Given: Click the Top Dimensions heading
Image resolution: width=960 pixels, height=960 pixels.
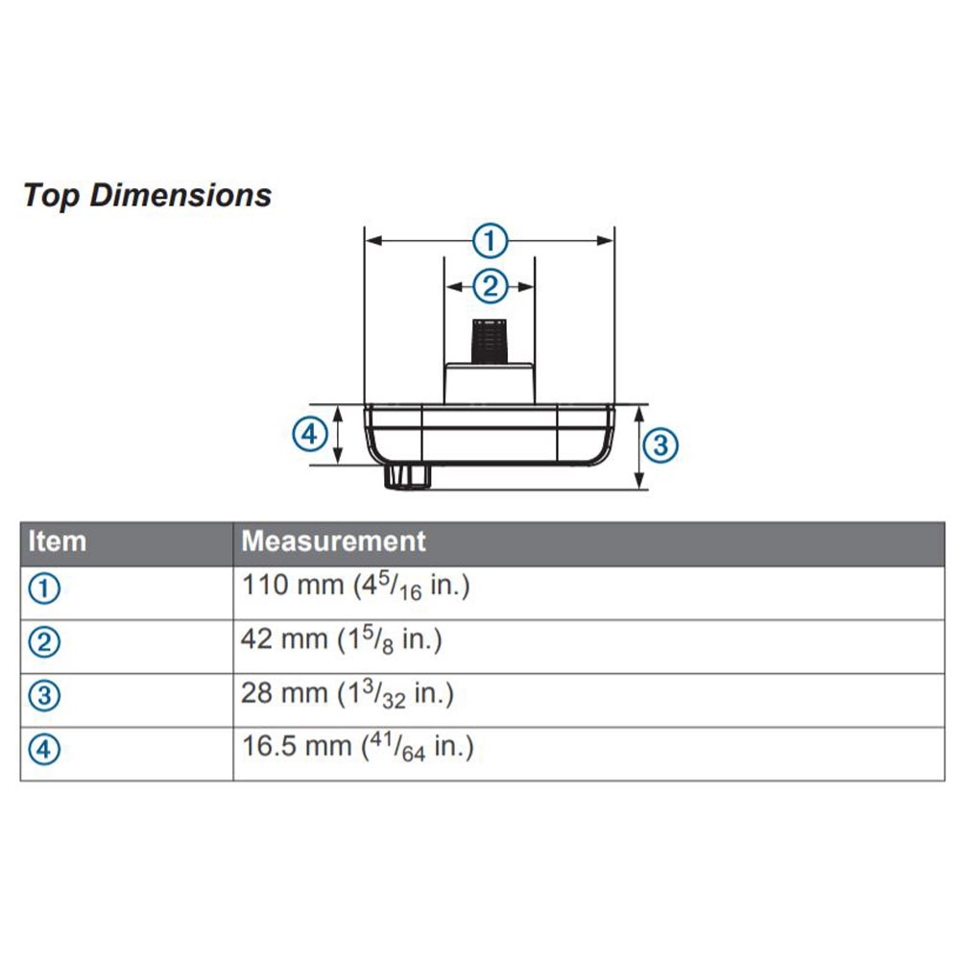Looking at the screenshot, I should [x=147, y=195].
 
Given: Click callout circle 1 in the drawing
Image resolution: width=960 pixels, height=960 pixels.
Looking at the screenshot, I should [x=491, y=241].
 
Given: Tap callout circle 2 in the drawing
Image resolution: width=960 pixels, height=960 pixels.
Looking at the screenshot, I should [x=490, y=285].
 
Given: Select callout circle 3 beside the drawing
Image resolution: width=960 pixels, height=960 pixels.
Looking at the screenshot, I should [x=660, y=446].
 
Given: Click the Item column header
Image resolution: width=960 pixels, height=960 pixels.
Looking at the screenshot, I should [x=58, y=541].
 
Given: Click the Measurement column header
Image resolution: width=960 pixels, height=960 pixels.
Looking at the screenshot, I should [x=333, y=541].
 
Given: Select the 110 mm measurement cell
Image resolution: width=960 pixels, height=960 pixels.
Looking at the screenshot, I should [x=355, y=587].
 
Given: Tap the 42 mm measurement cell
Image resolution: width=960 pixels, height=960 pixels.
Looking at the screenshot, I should [x=341, y=640].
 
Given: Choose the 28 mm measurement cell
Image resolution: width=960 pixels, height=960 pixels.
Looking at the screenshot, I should [x=348, y=694].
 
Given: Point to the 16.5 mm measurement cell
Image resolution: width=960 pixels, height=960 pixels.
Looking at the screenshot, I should [x=357, y=748].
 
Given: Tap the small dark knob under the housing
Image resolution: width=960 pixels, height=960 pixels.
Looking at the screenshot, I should [x=407, y=475].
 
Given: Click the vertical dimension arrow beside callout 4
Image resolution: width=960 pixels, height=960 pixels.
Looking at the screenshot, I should [x=339, y=435].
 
